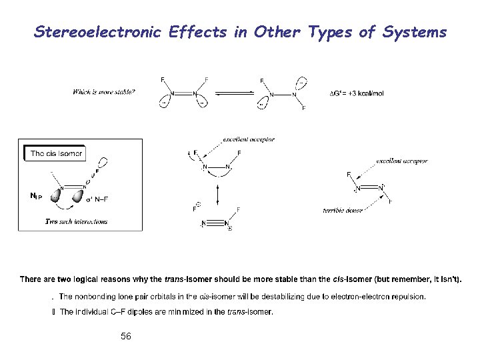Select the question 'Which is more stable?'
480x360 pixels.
tap(104, 92)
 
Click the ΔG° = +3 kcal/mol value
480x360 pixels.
tap(357, 93)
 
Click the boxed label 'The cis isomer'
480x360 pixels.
tap(57, 153)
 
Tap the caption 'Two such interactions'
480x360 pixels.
tap(76, 221)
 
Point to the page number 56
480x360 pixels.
tap(126, 337)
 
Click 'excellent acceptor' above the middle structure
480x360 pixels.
tap(249, 139)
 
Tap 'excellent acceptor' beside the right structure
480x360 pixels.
tap(402, 161)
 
